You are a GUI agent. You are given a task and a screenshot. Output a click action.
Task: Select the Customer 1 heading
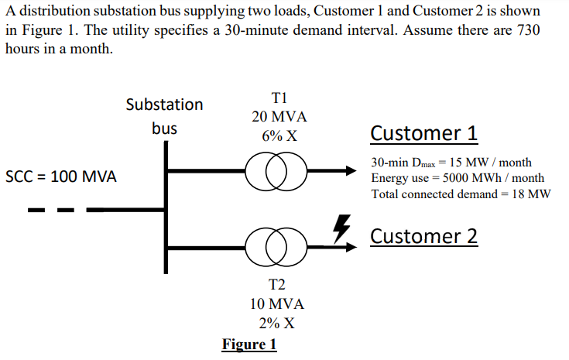pyautogui.click(x=423, y=133)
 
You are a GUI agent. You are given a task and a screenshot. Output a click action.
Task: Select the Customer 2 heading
pyautogui.click(x=423, y=235)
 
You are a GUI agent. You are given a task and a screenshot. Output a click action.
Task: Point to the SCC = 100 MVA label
pyautogui.click(x=61, y=177)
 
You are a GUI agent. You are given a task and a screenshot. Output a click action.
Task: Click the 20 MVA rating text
pyautogui.click(x=279, y=117)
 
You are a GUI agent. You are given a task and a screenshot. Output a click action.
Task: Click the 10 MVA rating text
pyautogui.click(x=279, y=303)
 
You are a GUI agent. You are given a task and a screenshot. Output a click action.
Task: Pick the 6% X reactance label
pyautogui.click(x=279, y=136)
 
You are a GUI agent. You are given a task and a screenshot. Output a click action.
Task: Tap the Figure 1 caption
pyautogui.click(x=249, y=344)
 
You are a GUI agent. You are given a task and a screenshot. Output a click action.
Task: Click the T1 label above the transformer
pyautogui.click(x=279, y=98)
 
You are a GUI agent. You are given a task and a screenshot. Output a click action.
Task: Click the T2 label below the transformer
pyautogui.click(x=279, y=285)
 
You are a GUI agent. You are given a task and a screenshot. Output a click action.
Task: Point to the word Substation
pyautogui.click(x=164, y=105)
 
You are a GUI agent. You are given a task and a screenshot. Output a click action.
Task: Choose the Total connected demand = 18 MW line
pyautogui.click(x=461, y=194)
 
